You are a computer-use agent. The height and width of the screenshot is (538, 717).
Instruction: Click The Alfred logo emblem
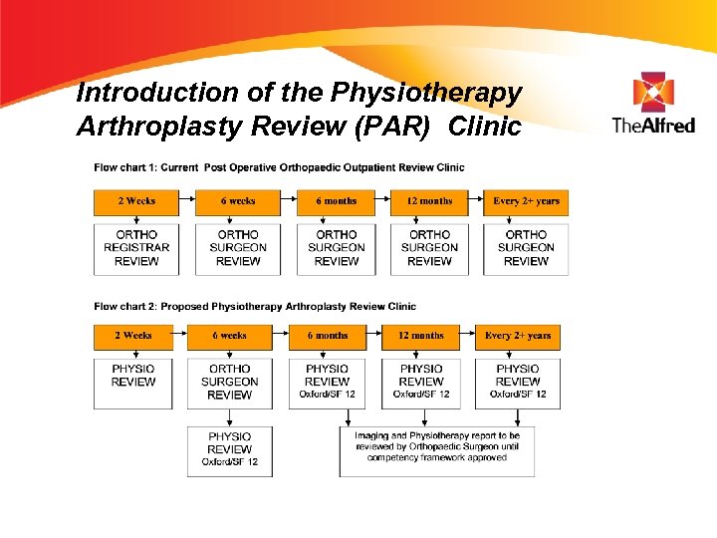point(652,92)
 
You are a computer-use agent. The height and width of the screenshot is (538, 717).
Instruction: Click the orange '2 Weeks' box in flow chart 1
point(136,202)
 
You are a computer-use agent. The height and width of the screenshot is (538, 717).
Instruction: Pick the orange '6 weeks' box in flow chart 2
point(229,337)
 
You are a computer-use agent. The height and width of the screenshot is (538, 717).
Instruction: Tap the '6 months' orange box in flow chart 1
point(337,202)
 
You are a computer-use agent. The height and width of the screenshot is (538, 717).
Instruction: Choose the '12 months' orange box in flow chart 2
point(421,337)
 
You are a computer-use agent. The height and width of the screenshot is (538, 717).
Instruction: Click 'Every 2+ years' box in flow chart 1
point(526,202)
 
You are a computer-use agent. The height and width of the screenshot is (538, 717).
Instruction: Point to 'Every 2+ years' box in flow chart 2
point(518,337)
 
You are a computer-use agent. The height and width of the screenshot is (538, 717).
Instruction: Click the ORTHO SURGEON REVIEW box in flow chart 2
point(229,382)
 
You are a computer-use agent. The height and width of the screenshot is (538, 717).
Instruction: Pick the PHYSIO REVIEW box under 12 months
point(421,382)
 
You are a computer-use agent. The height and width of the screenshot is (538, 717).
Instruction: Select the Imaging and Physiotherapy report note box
point(437,451)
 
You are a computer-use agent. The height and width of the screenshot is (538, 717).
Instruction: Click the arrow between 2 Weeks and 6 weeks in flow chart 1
point(187,202)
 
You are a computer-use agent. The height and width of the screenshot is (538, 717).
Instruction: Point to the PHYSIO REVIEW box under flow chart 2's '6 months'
point(327,382)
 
